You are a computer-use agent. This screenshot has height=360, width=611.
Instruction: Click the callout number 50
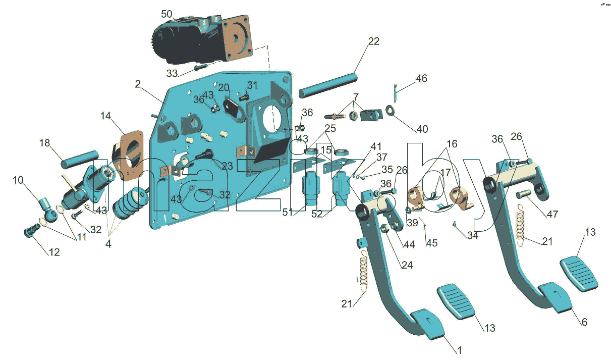(x=166, y=14)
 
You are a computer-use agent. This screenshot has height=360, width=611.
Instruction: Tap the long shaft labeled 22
(x=328, y=85)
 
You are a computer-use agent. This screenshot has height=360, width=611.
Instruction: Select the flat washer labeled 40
(x=391, y=110)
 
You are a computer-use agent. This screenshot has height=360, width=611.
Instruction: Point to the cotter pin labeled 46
(x=395, y=93)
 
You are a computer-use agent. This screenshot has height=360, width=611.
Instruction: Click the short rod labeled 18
(x=80, y=160)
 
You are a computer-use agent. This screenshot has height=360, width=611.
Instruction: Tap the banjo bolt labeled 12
(x=32, y=230)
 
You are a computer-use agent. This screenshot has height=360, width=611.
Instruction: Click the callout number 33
(x=172, y=73)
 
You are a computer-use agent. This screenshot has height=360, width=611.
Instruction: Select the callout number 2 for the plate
(x=138, y=84)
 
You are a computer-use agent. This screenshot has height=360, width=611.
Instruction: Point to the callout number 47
(x=552, y=214)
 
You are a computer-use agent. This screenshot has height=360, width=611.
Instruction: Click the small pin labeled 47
(x=523, y=194)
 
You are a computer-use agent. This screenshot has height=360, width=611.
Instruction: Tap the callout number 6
(x=584, y=322)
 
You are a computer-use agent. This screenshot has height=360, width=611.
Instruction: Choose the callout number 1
(x=460, y=350)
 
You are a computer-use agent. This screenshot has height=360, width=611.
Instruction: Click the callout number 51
(x=288, y=213)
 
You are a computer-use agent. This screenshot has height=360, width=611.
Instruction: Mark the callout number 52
(x=317, y=214)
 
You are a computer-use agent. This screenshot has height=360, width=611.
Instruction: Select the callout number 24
(x=407, y=265)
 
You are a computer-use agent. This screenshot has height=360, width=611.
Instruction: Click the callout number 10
(x=18, y=180)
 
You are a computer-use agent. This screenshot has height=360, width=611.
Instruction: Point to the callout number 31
(x=252, y=85)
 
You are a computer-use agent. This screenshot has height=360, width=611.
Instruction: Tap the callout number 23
(x=227, y=166)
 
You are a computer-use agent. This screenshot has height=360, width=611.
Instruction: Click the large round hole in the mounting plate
(x=272, y=118)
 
